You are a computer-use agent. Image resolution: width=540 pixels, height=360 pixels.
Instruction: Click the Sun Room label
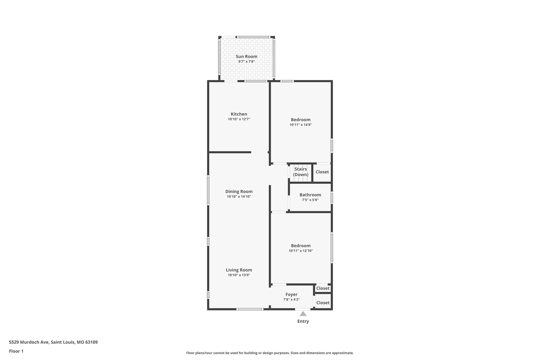(x=246, y=56)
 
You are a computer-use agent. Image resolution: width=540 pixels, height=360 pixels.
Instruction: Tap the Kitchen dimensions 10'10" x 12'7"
(x=239, y=119)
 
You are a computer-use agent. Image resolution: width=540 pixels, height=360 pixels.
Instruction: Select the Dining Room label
(x=239, y=191)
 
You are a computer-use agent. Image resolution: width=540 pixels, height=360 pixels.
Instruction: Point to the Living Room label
(x=239, y=270)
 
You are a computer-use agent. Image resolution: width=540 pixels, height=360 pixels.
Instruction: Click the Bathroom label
(x=310, y=195)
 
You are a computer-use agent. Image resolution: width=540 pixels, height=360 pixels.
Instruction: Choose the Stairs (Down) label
(x=301, y=172)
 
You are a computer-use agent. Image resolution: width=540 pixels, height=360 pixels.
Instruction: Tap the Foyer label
(x=291, y=294)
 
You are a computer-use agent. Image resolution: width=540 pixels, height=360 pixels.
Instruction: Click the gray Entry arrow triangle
(x=303, y=314)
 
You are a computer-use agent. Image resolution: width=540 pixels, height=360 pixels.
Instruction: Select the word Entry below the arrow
(x=303, y=321)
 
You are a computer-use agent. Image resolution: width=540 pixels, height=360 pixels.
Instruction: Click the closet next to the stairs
(x=322, y=172)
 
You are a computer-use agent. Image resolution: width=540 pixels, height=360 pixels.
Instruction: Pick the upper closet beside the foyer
(x=323, y=288)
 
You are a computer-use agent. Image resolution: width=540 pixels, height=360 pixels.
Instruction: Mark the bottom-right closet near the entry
(x=323, y=303)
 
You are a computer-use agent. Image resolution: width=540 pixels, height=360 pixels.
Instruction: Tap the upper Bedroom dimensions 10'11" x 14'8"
(x=301, y=125)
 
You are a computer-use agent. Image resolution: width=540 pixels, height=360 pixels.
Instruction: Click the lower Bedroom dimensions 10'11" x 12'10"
(x=301, y=251)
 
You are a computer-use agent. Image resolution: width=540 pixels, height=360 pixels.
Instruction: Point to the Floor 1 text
(x=16, y=351)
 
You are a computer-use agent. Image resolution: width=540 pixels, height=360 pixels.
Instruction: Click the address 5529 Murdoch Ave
(x=53, y=342)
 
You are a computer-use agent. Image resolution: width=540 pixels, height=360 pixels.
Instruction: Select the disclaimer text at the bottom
(x=270, y=353)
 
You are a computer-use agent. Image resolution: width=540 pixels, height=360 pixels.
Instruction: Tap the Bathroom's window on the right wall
(x=332, y=197)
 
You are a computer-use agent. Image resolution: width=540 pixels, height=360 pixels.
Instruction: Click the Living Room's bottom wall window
(x=250, y=309)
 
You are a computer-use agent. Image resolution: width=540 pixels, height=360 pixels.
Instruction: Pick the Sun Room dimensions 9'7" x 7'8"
(x=246, y=62)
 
